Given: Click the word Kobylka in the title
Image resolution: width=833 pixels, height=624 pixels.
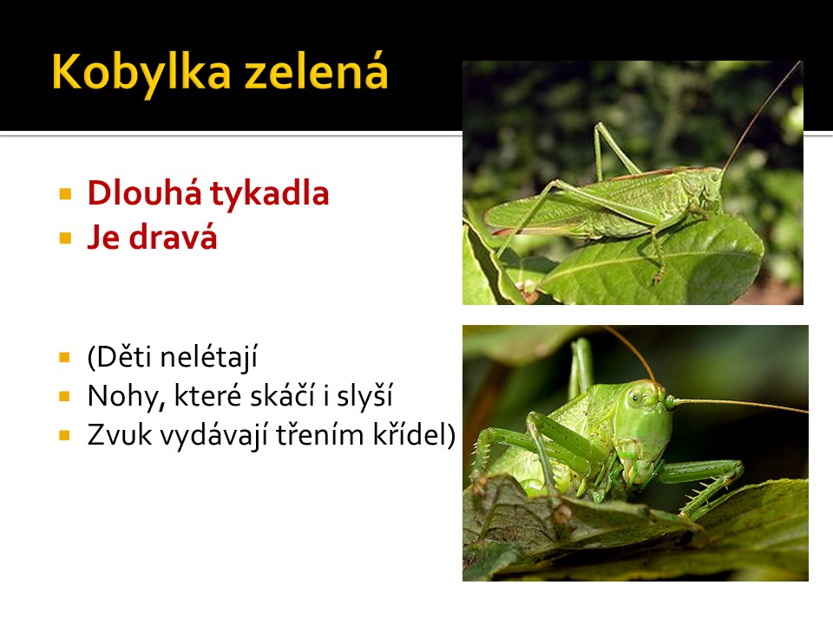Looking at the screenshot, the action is [x=141, y=73].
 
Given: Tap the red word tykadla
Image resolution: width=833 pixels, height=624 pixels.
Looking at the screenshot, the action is [x=270, y=193].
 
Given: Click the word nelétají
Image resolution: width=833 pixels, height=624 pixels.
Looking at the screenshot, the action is [x=209, y=356].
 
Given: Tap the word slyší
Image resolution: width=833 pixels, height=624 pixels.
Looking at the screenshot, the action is [x=364, y=397].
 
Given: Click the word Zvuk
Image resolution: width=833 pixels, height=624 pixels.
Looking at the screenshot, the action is [x=119, y=435].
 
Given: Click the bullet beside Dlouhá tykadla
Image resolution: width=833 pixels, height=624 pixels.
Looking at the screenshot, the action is [x=65, y=193].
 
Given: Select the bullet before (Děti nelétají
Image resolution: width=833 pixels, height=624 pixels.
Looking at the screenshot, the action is [x=65, y=357].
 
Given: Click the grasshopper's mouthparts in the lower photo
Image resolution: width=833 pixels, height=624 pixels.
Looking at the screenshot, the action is [x=640, y=467].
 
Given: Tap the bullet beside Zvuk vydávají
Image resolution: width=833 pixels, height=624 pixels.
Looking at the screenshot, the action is [x=65, y=436].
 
